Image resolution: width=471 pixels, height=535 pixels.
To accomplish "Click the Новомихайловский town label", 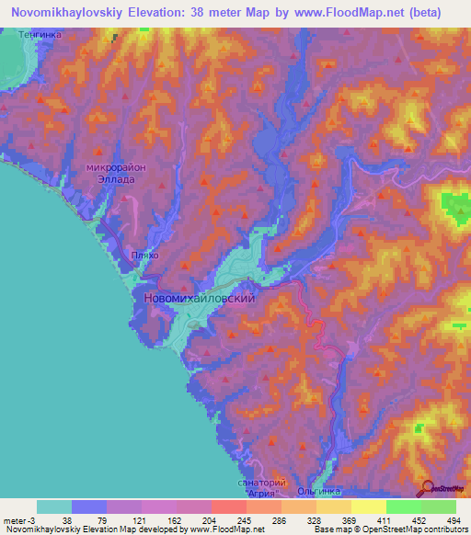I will (x=199, y=298).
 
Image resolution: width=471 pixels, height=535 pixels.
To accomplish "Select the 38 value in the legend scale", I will (x=66, y=519).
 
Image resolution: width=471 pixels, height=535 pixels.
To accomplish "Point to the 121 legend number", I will (x=136, y=519).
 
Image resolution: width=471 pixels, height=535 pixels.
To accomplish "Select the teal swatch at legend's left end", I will (x=53, y=507).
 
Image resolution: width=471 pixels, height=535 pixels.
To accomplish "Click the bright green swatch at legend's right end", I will (x=438, y=507).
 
